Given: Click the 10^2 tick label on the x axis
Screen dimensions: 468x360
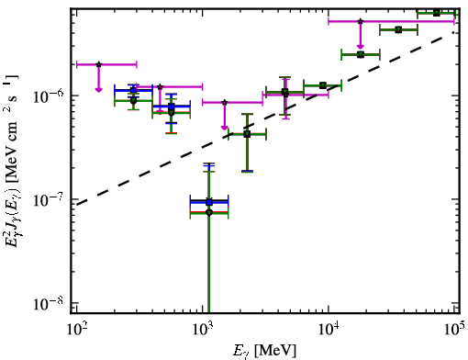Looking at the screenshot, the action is coord(76,329).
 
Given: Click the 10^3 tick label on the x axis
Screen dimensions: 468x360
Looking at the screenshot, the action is coord(203,329).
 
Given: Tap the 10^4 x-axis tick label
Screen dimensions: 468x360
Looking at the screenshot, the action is coord(329,329).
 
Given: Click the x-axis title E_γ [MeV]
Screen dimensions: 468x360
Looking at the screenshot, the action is coord(264,350).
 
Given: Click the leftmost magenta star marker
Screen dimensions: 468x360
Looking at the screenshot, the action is coord(98,64).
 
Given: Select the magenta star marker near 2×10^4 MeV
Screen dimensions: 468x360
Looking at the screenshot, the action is coord(361,21).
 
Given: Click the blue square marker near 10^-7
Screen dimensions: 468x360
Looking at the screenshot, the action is coord(209,202).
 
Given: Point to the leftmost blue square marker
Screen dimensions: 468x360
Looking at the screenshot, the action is coord(133,90).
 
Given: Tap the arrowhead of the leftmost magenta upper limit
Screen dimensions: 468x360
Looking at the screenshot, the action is coord(98,89).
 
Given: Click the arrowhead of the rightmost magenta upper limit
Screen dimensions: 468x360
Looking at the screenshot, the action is coord(361,47).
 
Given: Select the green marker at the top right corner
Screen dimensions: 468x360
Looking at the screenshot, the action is coord(437,13).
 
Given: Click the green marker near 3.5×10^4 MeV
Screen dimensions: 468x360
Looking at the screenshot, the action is coord(398,29).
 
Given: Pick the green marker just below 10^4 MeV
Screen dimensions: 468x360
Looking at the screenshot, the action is coord(323,85).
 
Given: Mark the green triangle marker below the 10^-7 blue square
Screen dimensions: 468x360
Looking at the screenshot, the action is coord(209,213).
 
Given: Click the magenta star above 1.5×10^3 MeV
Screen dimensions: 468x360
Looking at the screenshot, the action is coord(225,102).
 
